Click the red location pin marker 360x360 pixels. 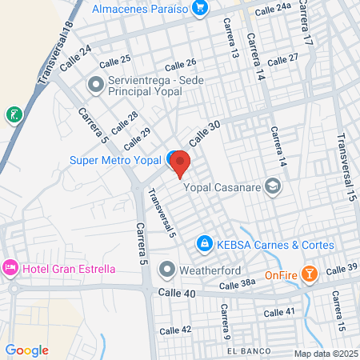(x=180, y=163)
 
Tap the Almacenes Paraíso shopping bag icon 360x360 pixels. (x=200, y=9)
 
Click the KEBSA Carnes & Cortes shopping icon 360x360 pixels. (x=204, y=242)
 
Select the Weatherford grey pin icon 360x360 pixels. (x=166, y=268)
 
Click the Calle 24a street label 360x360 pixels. (x=273, y=10)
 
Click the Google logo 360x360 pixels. (x=26, y=350)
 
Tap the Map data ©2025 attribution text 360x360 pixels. (x=326, y=354)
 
